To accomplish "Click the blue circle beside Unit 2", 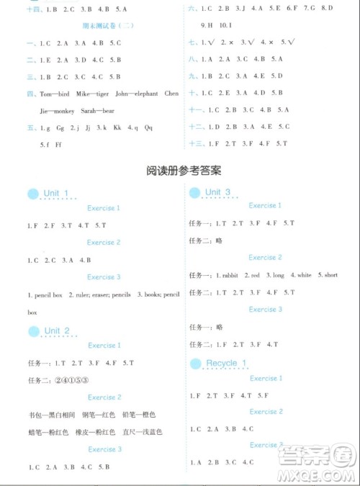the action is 33,331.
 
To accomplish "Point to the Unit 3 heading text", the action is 217,192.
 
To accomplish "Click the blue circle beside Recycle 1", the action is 195,364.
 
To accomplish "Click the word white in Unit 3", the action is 304,275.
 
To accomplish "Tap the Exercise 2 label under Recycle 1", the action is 266,412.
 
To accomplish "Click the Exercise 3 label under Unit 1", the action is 104,277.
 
